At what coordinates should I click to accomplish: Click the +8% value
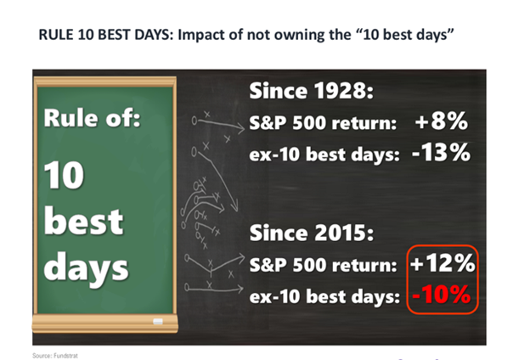click(442, 121)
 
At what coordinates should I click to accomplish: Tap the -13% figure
click(441, 153)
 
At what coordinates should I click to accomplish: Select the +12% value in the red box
click(443, 262)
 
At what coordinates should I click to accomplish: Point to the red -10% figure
click(442, 294)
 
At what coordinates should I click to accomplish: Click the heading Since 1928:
click(312, 91)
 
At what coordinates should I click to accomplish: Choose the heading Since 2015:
click(312, 233)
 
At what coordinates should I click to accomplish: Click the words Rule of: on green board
click(92, 118)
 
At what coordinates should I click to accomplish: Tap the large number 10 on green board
click(64, 174)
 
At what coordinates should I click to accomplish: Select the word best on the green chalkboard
click(83, 221)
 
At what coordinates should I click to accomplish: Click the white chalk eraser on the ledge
click(158, 322)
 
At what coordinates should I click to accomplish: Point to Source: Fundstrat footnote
click(55, 356)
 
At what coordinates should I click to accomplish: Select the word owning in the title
click(296, 36)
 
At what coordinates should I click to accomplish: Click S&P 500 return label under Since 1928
click(323, 122)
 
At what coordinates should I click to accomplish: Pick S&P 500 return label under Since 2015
click(323, 265)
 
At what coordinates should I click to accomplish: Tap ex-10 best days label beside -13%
click(324, 155)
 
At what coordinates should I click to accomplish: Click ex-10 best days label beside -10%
click(324, 296)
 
